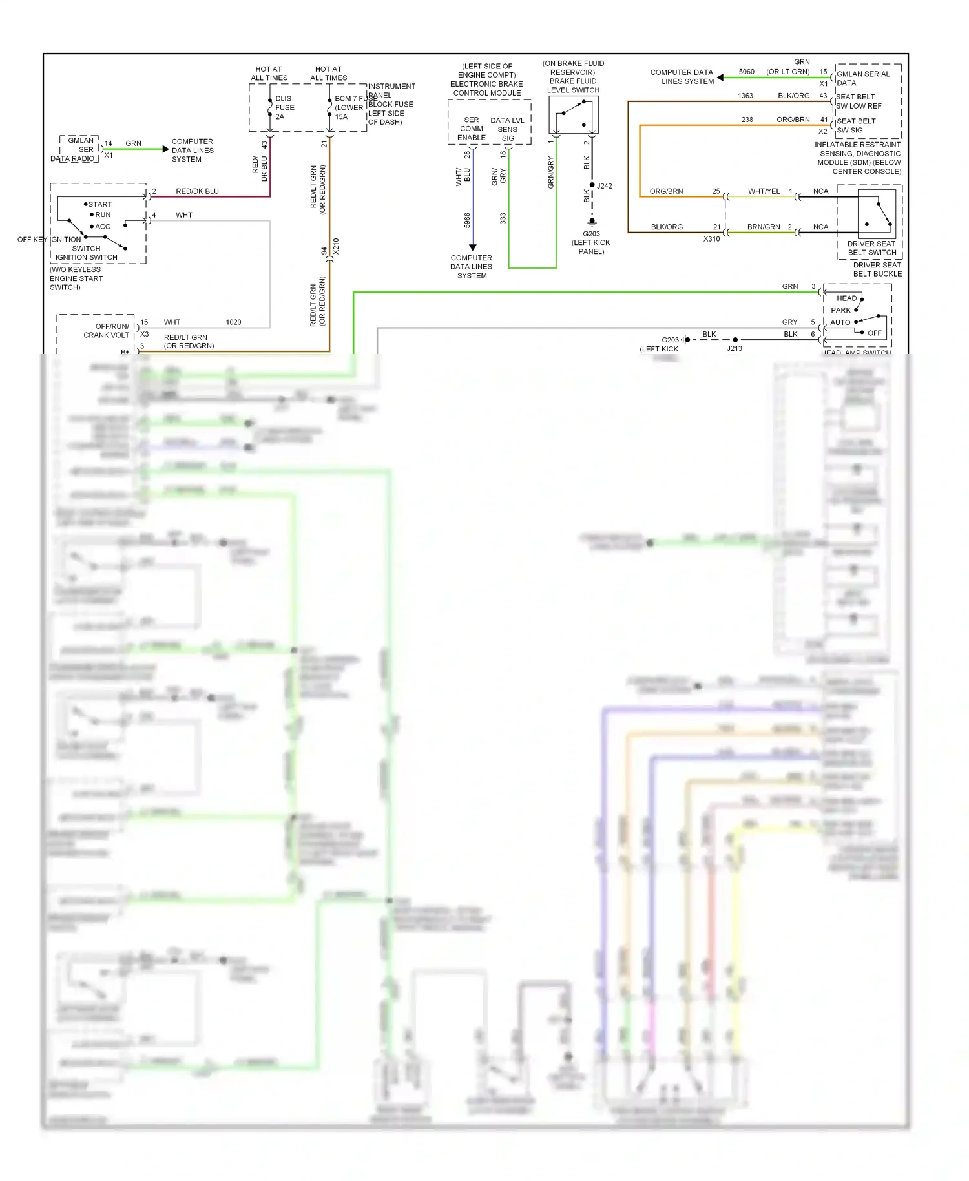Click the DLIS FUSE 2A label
pyautogui.click(x=284, y=107)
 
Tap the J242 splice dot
pyautogui.click(x=592, y=185)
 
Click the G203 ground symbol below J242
pyautogui.click(x=592, y=222)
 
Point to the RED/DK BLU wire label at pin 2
pyautogui.click(x=197, y=191)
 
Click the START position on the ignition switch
pyautogui.click(x=99, y=204)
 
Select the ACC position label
pyautogui.click(x=102, y=227)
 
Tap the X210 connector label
pyautogui.click(x=336, y=246)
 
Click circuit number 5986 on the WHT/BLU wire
pyautogui.click(x=467, y=220)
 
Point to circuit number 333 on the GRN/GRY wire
pyautogui.click(x=503, y=219)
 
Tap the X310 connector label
pyautogui.click(x=711, y=239)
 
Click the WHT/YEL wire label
pyautogui.click(x=764, y=191)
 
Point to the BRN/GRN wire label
pyautogui.click(x=763, y=227)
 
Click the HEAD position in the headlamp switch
pyautogui.click(x=846, y=298)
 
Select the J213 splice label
pyautogui.click(x=735, y=348)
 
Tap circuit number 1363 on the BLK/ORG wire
pyautogui.click(x=745, y=96)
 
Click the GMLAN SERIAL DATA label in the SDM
pyautogui.click(x=862, y=78)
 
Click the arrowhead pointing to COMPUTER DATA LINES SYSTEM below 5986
pyautogui.click(x=472, y=247)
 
